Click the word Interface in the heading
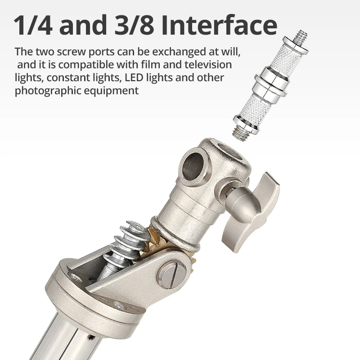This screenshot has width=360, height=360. tap(219, 25)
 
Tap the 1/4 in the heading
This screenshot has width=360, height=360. tap(33, 25)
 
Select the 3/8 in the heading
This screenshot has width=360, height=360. tap(134, 25)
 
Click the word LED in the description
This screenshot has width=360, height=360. tap(134, 77)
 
